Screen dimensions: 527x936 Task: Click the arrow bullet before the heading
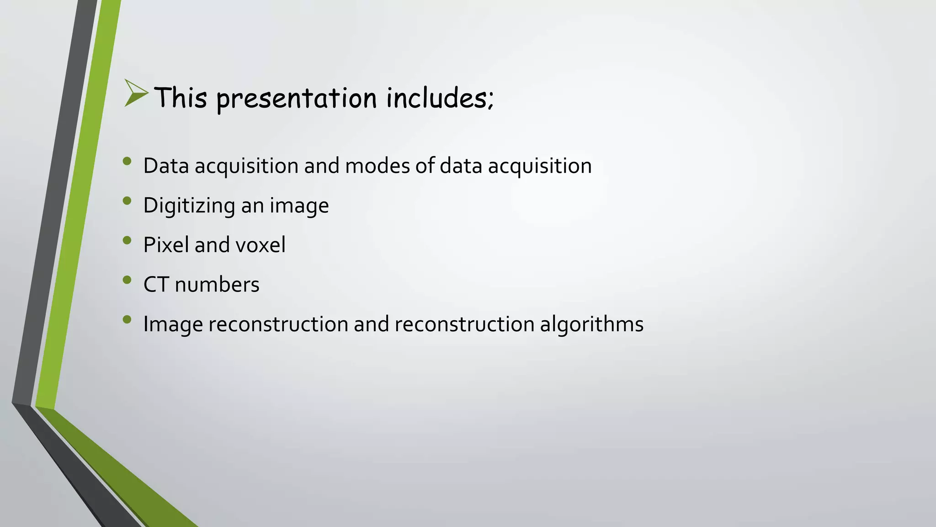point(136,93)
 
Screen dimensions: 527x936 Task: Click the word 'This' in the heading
point(181,97)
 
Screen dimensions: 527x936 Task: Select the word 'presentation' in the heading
point(297,98)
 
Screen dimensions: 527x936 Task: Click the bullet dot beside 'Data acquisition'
point(127,161)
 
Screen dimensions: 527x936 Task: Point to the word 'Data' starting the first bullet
point(166,166)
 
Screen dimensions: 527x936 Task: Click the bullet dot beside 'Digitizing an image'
point(127,200)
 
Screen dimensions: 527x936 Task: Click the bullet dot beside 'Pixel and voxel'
point(127,240)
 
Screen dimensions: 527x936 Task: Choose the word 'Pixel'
point(166,245)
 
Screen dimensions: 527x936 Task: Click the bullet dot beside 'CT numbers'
point(127,280)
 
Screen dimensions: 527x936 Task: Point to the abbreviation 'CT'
point(156,285)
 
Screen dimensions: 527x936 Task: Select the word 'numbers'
point(217,285)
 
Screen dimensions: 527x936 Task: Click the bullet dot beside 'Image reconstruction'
point(127,319)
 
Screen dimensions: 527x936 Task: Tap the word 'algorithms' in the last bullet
point(591,324)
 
